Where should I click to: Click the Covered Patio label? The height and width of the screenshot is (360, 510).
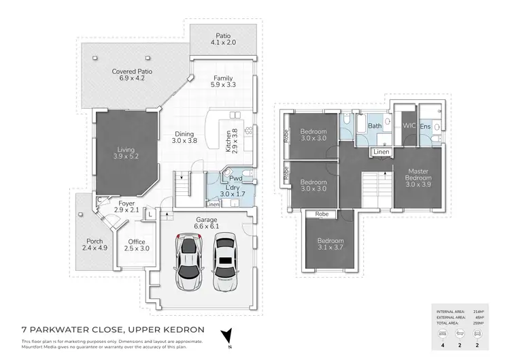point(132,75)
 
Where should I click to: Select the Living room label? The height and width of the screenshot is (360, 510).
point(127,152)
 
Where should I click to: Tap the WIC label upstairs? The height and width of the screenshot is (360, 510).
point(409,126)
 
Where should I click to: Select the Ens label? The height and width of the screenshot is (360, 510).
point(425,127)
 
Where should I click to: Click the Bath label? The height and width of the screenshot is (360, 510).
point(375,126)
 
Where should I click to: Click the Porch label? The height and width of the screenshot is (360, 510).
point(95,244)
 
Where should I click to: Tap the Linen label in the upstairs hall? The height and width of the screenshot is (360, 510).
point(381,152)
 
